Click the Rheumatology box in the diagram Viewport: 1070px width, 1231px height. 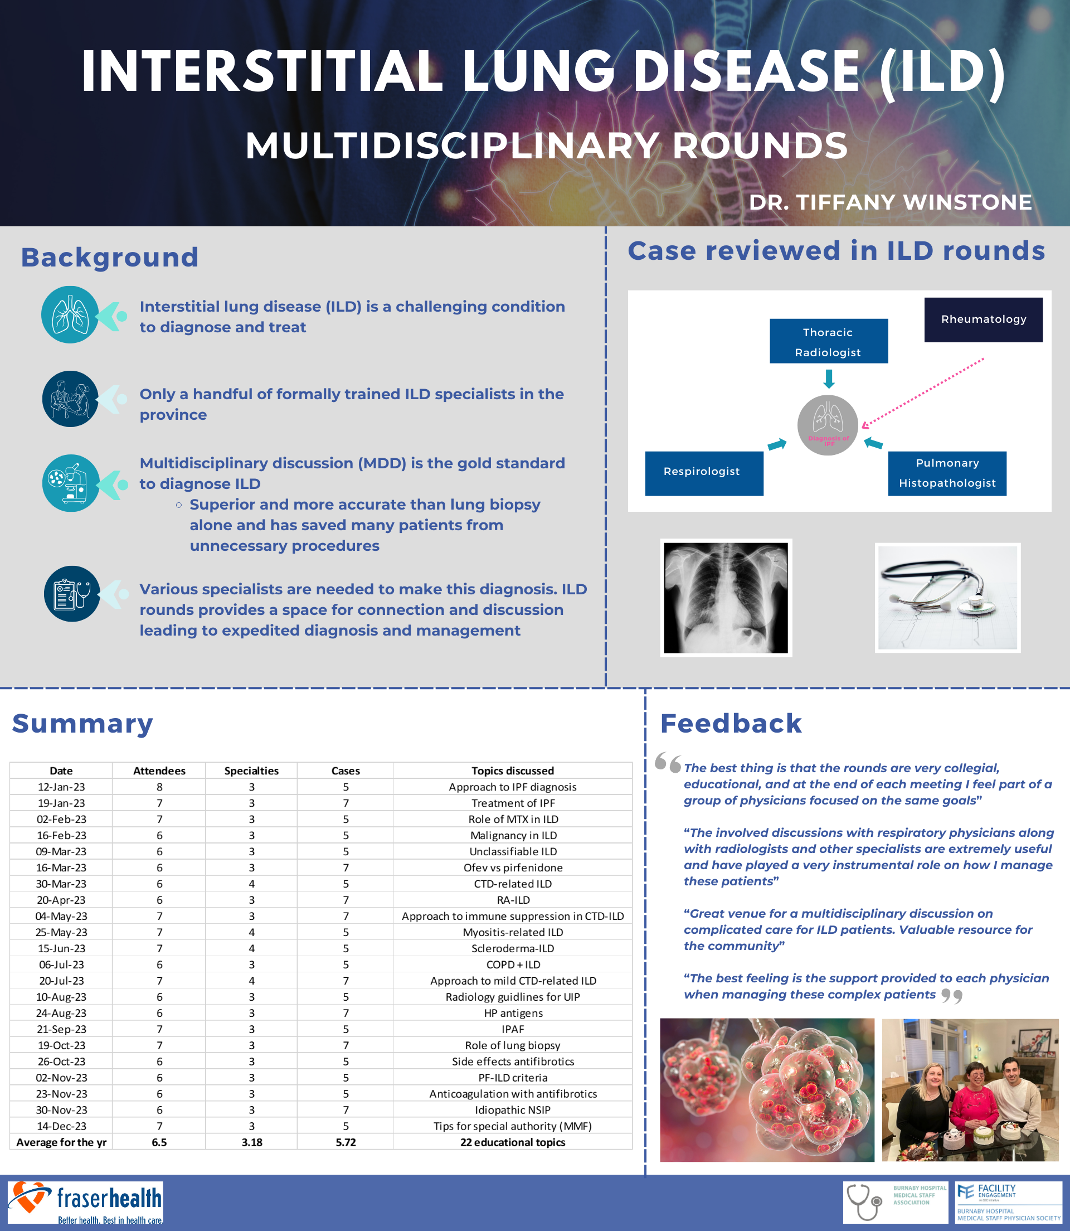tap(983, 319)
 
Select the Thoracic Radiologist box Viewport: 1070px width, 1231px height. tap(828, 341)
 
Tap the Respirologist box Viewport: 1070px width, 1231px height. tap(703, 473)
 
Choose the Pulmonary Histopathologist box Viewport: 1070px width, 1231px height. tap(946, 473)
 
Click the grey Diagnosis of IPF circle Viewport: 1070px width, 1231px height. tap(828, 425)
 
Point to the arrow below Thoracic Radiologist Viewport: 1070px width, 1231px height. tap(828, 379)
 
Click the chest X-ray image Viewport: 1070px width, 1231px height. tap(726, 597)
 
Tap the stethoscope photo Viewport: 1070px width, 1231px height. tap(947, 597)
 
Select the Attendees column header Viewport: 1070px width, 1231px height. tap(159, 770)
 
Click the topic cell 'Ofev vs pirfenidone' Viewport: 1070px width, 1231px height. tap(512, 867)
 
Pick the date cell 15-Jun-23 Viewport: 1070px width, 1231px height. tap(61, 948)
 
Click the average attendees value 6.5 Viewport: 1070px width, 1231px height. tap(159, 1142)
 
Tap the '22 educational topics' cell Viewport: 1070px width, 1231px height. tap(512, 1142)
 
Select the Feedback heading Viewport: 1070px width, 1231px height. tap(730, 723)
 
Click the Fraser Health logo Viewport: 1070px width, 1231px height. tap(85, 1202)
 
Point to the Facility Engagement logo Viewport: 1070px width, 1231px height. tap(1008, 1202)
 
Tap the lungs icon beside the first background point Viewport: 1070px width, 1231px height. tap(70, 315)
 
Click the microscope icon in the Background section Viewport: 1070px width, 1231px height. tap(70, 483)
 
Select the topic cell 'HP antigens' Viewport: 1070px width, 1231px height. tap(512, 1012)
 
